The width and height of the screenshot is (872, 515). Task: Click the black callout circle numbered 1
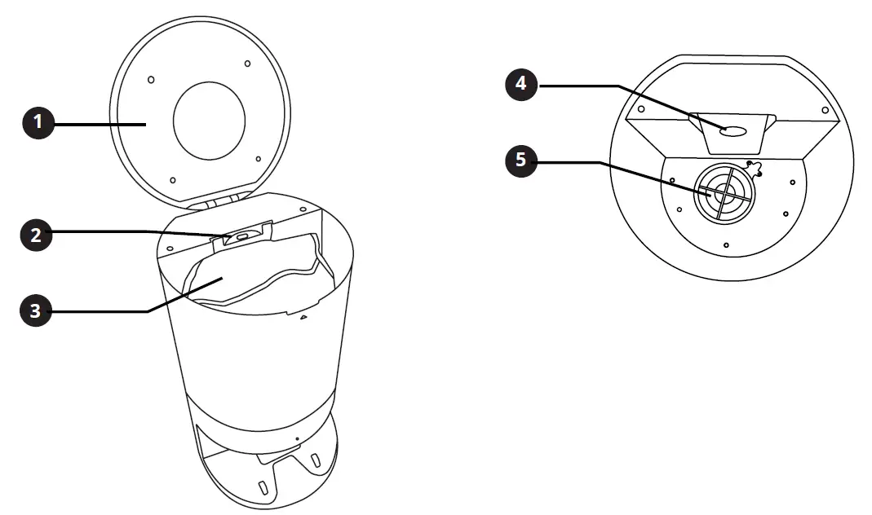pos(37,124)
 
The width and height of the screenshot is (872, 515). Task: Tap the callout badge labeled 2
pos(37,235)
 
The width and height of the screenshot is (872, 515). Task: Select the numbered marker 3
pos(37,310)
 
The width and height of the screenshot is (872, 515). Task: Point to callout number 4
pos(521,85)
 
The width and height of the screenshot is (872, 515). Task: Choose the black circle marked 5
pos(521,160)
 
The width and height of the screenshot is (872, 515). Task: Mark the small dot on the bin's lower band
pos(297,438)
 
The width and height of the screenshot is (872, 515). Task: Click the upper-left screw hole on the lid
pos(152,79)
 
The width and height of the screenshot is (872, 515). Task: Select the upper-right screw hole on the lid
pos(248,63)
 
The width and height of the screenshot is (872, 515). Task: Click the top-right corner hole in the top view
pos(825,109)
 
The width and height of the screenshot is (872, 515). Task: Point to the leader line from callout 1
pos(98,124)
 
